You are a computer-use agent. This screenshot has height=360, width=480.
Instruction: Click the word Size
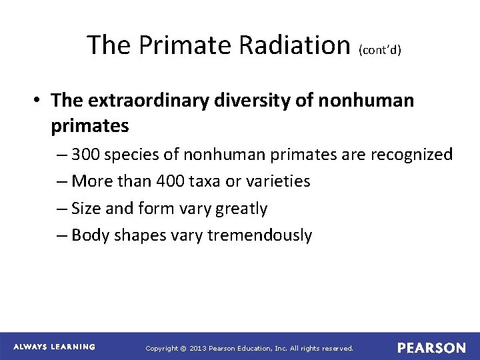click(x=87, y=209)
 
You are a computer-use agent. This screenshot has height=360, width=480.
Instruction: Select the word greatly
click(x=238, y=209)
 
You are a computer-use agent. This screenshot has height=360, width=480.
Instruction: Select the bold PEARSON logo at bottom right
click(x=431, y=348)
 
